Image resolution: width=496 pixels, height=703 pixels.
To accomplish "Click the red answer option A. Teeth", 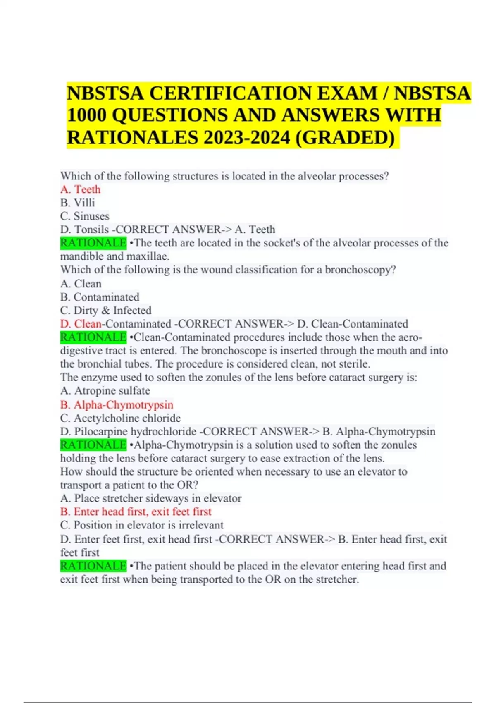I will tap(81, 189).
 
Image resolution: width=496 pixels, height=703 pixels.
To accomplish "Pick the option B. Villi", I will tap(78, 203).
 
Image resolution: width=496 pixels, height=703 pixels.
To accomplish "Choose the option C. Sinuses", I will tap(85, 216).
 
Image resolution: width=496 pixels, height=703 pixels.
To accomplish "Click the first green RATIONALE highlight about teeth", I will tap(93, 243).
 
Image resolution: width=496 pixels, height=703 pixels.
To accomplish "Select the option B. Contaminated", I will tap(100, 297).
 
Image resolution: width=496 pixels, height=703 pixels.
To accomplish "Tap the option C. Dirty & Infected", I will tap(106, 310).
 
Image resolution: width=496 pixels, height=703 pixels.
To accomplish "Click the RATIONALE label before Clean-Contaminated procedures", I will tap(93, 337).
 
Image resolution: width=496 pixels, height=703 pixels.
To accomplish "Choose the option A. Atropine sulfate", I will tap(105, 390).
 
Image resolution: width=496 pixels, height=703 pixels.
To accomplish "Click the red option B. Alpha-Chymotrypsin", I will tap(117, 404).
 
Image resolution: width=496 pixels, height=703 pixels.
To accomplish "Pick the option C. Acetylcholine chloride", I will tap(120, 418).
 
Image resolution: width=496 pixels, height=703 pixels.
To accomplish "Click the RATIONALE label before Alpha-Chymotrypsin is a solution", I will tap(93, 445).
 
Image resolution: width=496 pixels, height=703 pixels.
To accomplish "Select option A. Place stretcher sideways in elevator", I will tap(151, 498).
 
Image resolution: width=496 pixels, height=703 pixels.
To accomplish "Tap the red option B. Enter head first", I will tap(136, 512).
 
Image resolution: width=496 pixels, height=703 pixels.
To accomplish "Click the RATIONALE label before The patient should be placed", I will tap(93, 566).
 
